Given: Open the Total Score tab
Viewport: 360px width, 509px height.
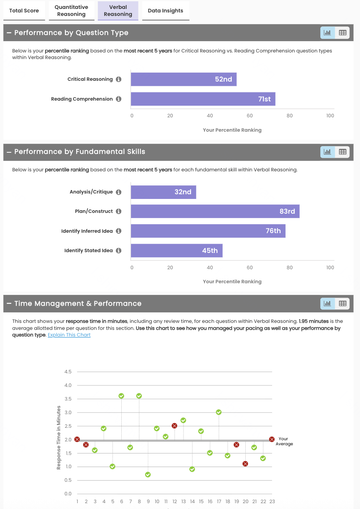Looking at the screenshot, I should tap(24, 10).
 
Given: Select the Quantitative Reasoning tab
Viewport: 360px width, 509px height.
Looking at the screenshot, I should tap(72, 10).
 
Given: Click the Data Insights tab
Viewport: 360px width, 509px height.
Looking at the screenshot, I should tap(166, 10).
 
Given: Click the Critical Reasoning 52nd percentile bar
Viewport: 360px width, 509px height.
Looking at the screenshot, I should tap(183, 79).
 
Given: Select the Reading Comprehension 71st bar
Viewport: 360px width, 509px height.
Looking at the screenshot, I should tap(203, 99).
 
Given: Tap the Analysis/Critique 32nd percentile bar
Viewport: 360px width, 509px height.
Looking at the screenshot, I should tap(163, 192).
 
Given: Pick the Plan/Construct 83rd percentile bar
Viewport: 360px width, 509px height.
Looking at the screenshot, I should tap(215, 211).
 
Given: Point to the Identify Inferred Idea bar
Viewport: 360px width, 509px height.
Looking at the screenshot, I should tap(208, 231).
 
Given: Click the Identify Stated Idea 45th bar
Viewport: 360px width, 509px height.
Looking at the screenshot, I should tap(177, 251).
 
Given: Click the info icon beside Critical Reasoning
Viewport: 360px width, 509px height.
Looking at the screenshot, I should tap(119, 79).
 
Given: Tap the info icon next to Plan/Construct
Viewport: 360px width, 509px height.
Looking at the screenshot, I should tap(119, 211).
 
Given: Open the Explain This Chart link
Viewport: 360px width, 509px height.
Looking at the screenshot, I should tap(69, 335).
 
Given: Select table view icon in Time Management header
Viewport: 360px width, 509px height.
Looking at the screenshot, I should tap(343, 303).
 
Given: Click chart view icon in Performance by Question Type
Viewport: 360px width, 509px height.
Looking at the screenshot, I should tap(327, 33).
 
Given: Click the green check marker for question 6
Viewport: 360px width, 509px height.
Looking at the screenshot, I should tap(121, 396).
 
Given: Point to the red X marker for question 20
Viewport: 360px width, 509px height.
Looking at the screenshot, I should tap(245, 464).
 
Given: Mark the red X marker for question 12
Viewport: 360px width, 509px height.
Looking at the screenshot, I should tap(175, 426).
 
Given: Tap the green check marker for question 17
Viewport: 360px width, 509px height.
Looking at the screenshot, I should tap(219, 412).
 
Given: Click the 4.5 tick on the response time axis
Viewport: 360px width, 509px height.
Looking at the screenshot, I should tap(68, 372).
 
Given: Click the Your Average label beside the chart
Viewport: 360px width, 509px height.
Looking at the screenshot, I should tap(284, 441).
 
